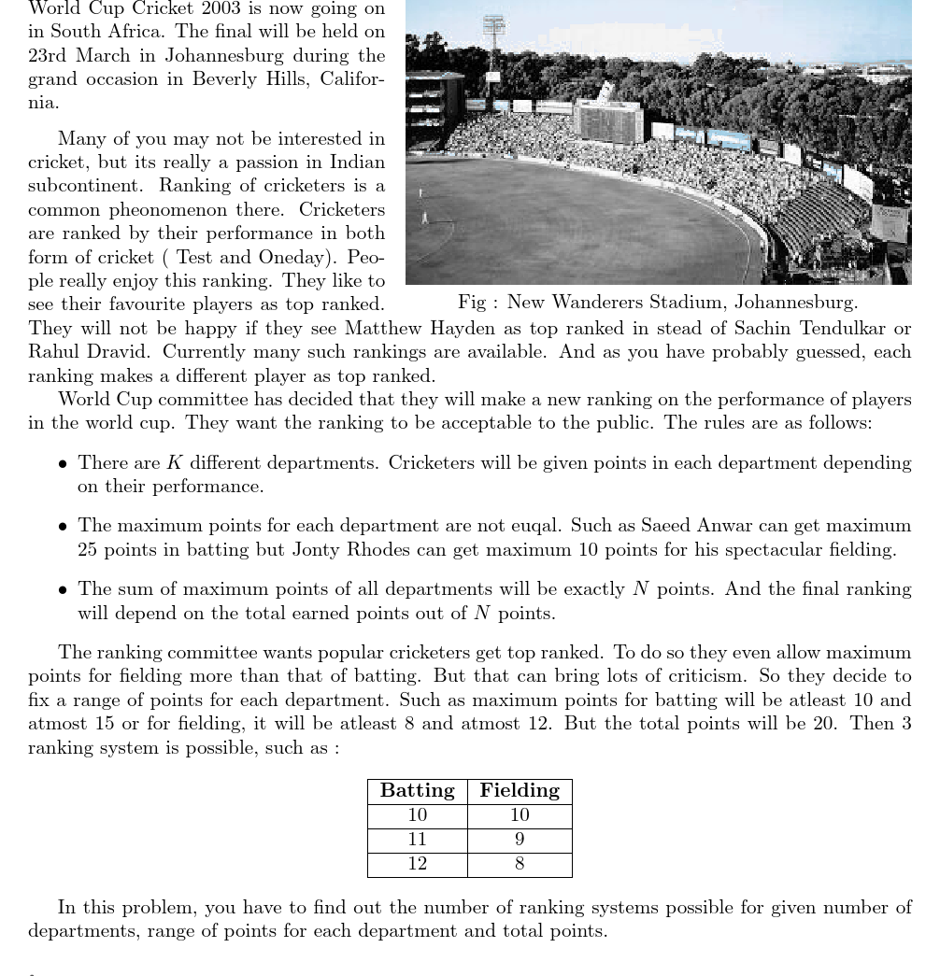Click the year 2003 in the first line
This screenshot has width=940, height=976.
pos(217,9)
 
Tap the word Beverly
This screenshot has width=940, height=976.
pos(225,79)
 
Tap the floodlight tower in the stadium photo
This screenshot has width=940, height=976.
pos(493,37)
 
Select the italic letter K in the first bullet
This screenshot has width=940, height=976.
pos(174,463)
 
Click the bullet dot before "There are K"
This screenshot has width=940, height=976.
pos(63,464)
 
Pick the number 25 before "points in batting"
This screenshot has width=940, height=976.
pos(87,550)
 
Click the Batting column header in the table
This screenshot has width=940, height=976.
pos(417,791)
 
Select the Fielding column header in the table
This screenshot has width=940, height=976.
pos(520,791)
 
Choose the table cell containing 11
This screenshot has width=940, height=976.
pos(417,840)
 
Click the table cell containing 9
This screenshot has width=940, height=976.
pos(520,840)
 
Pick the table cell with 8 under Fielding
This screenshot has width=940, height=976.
pos(520,864)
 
